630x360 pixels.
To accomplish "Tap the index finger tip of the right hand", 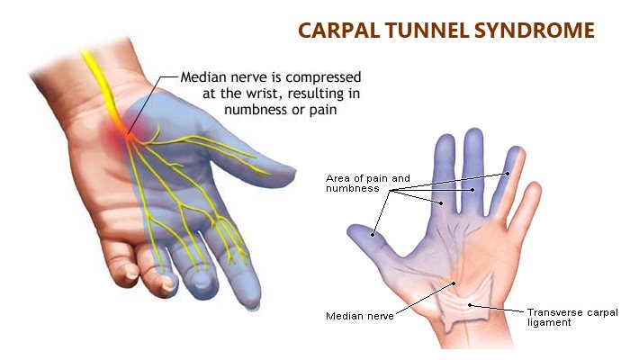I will click(x=444, y=144).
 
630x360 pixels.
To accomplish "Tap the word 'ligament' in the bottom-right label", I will click(x=548, y=322).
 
